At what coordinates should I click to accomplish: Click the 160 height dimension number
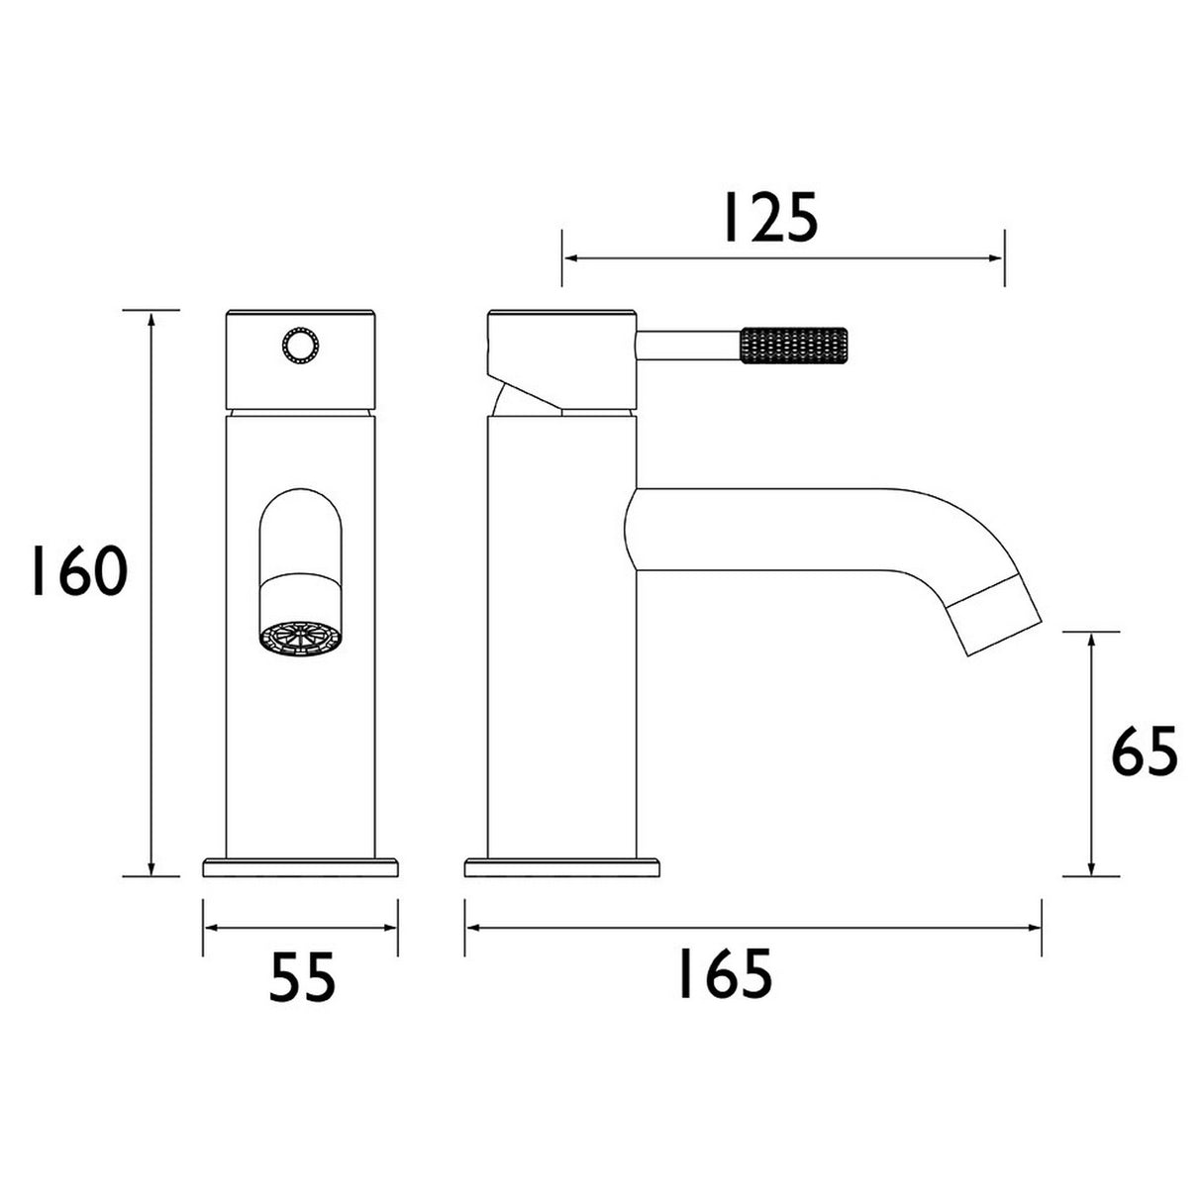point(77,571)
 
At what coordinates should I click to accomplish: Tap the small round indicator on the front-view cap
point(299,347)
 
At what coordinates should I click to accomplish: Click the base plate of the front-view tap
point(301,866)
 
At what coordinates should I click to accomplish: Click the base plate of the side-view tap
point(561,866)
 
